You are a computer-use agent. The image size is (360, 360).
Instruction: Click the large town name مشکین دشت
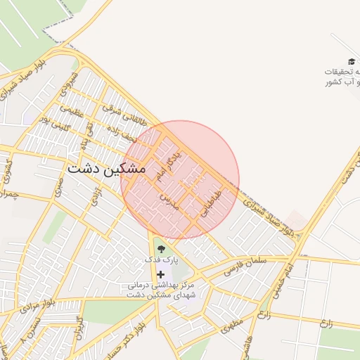pyautogui.click(x=107, y=169)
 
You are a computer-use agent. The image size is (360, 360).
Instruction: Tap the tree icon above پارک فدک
pyautogui.click(x=161, y=248)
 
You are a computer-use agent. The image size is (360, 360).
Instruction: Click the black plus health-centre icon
pyautogui.click(x=161, y=274)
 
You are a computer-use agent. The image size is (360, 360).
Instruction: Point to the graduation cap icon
pyautogui.click(x=352, y=63)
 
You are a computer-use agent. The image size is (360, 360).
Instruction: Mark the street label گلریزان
pyautogui.click(x=79, y=337)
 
